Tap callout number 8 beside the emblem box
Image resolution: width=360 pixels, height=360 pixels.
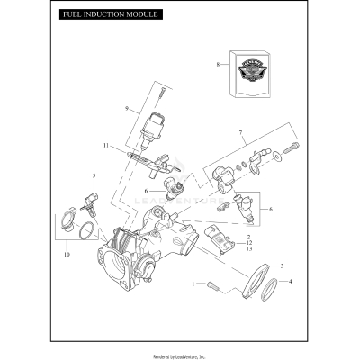point(217,65)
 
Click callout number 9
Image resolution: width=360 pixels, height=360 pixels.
point(127,110)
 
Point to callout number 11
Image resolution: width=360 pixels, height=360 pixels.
point(105,145)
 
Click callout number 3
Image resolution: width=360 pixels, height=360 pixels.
point(282,266)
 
